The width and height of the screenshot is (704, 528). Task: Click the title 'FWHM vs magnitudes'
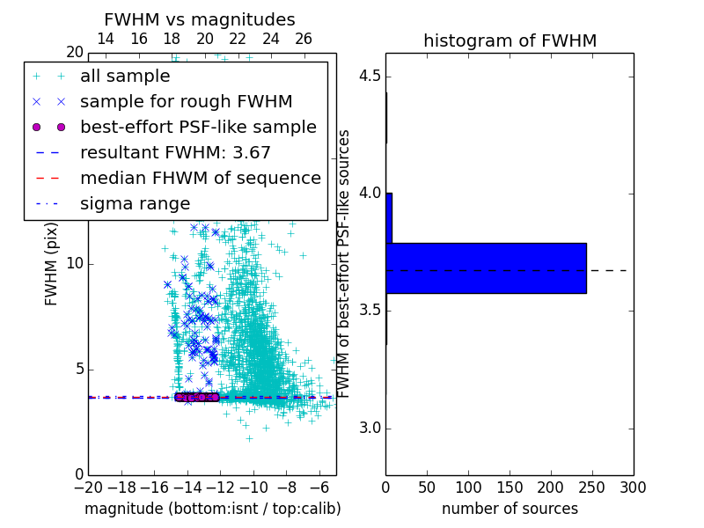tap(200, 20)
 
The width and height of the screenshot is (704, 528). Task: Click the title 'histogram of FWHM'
tap(510, 40)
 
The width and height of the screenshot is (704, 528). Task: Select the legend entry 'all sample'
tap(125, 77)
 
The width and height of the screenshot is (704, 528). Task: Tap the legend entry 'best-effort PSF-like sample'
tap(198, 127)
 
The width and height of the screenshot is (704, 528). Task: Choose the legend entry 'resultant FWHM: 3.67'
tap(175, 152)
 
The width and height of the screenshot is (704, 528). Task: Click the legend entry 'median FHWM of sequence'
tap(200, 178)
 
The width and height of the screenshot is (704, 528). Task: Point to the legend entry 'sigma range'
tap(135, 203)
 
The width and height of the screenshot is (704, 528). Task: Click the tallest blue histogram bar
tap(486, 268)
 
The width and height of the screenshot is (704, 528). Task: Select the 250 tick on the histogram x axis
tap(592, 486)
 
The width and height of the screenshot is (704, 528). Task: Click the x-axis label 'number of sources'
tap(510, 509)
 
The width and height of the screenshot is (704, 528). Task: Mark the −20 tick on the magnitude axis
tap(88, 487)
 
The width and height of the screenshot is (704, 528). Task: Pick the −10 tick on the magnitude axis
tap(253, 487)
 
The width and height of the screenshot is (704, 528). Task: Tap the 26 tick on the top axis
tap(304, 39)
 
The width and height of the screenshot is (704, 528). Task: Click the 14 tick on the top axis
tap(105, 39)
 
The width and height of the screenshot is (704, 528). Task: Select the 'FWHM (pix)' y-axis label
tap(52, 264)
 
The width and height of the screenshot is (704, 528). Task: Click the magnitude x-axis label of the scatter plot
tap(212, 509)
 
